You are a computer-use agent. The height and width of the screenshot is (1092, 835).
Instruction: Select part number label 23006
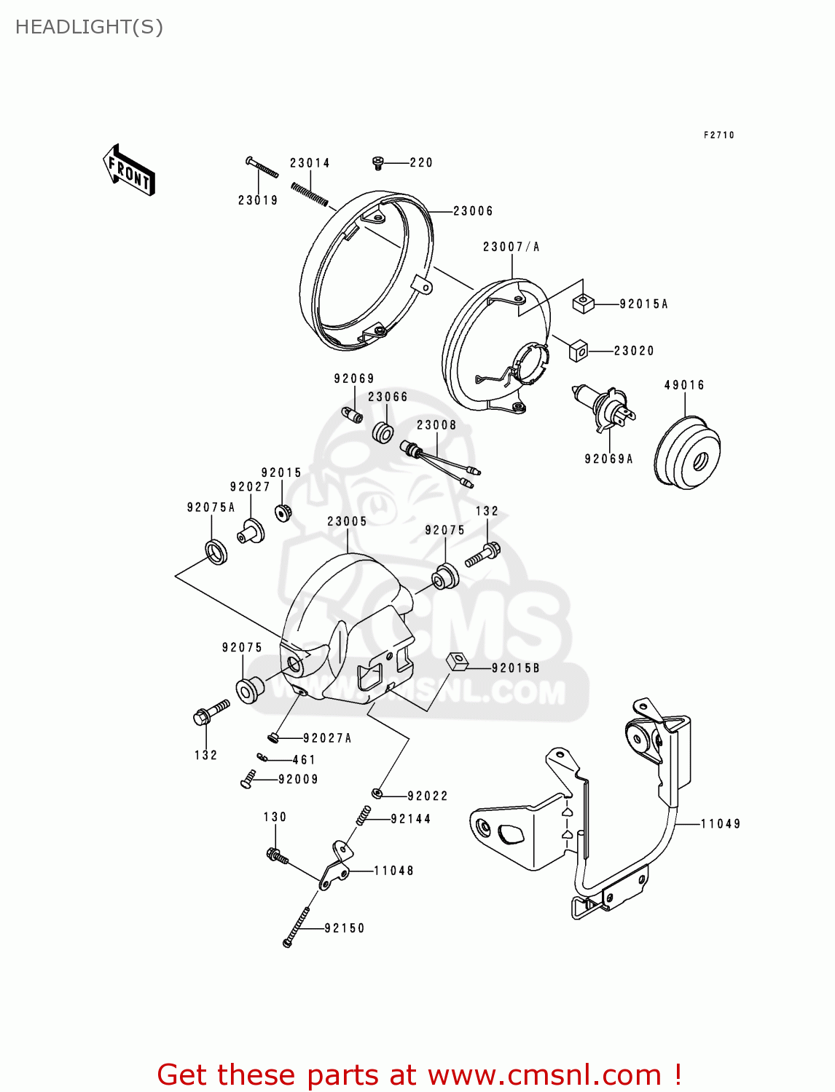tap(473, 211)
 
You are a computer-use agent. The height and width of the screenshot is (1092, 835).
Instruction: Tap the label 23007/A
tap(511, 247)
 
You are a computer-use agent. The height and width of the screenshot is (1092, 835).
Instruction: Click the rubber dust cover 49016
tap(687, 452)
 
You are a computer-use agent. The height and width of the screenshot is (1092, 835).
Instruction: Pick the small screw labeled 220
tap(378, 162)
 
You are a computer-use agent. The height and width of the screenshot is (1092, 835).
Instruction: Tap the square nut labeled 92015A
tap(583, 303)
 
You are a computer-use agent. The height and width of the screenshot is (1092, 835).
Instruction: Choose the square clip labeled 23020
tap(579, 350)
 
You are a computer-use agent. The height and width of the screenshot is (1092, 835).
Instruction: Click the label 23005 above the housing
tap(347, 521)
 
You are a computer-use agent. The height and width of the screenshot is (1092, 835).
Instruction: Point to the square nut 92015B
tap(457, 662)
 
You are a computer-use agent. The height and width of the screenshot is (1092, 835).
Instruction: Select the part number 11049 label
tap(721, 823)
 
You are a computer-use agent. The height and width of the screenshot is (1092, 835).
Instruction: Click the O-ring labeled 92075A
tap(216, 551)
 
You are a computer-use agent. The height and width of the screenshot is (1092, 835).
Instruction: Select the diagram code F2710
tap(719, 135)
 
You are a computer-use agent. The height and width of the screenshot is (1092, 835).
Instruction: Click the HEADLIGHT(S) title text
tap(89, 27)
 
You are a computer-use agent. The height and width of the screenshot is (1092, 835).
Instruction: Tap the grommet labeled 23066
tap(383, 432)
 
